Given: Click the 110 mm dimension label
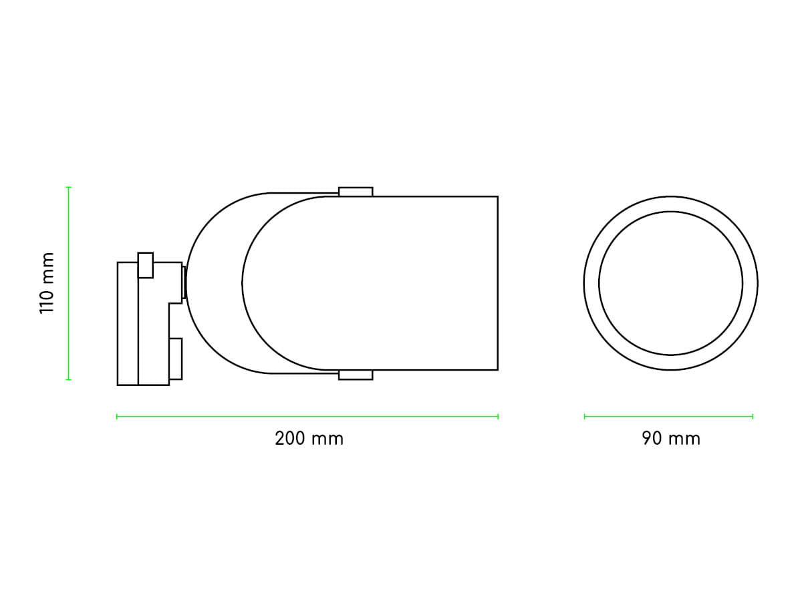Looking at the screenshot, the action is click(x=47, y=282).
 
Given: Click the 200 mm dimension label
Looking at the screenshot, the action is click(x=309, y=439).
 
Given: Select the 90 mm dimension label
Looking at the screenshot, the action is click(x=671, y=439).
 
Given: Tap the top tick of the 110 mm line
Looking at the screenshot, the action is click(x=68, y=187).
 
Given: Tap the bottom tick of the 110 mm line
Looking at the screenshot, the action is click(x=68, y=379).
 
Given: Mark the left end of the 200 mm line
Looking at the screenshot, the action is click(x=117, y=417).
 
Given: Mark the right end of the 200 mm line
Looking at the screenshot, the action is click(x=498, y=417).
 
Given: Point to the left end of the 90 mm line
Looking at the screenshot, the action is click(x=585, y=417).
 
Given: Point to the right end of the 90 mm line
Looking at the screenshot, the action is click(x=753, y=417).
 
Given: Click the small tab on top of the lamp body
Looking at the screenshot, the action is click(x=356, y=192).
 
